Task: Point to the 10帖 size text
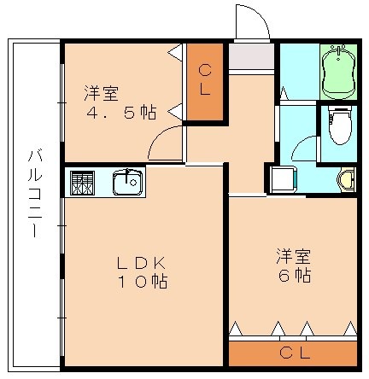(x=140, y=282)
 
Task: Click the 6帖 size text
(x=293, y=275)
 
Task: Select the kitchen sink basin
(x=128, y=182)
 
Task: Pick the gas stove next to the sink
(x=81, y=182)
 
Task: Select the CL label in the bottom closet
(x=292, y=353)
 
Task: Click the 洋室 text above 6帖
(x=292, y=255)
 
